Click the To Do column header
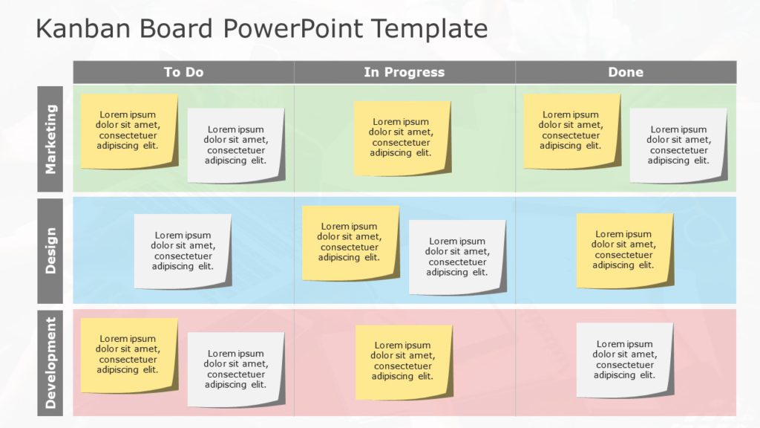[183, 72]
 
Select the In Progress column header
[404, 72]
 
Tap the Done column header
[626, 72]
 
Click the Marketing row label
[50, 139]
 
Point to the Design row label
[50, 250]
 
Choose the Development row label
[50, 363]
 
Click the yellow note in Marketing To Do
[129, 131]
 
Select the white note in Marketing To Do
[236, 146]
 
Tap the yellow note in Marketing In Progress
[402, 138]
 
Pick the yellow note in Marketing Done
[571, 131]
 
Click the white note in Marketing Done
[678, 146]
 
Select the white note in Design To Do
[183, 251]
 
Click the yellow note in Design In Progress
[350, 243]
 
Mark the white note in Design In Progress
[457, 257]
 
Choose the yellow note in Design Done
[624, 250]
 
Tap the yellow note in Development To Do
[129, 355]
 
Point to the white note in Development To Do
[236, 369]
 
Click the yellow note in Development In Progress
[403, 362]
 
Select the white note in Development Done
[625, 360]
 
